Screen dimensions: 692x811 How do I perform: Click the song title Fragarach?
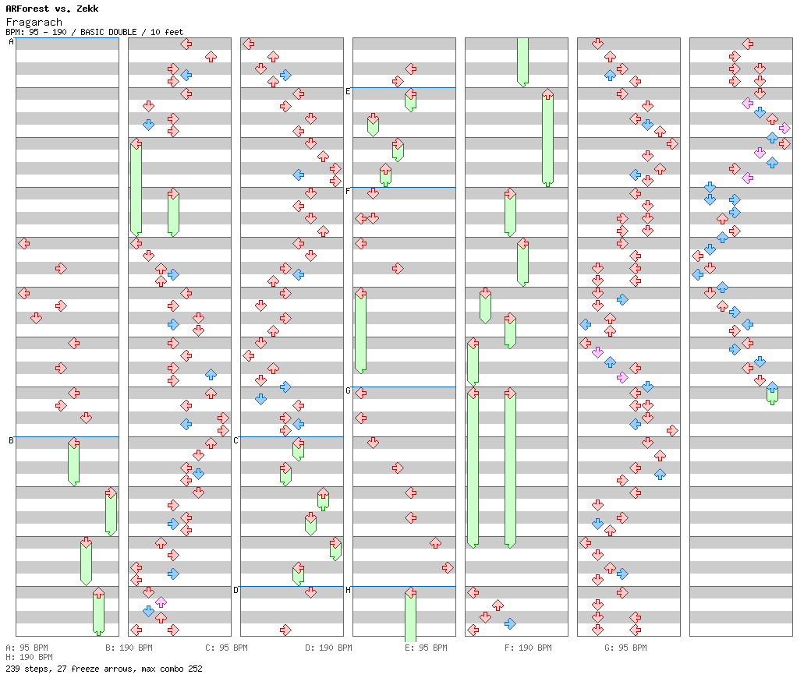coord(34,22)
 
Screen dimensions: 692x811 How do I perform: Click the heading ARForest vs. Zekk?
coord(51,9)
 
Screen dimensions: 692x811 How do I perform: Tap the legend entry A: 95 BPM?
coord(27,648)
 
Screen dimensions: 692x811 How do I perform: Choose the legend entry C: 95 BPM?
coord(226,648)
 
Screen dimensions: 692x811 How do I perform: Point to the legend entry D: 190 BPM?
coord(328,648)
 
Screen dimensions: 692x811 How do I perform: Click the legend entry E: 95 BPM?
coord(426,648)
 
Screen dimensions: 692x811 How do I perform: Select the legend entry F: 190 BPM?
coord(528,648)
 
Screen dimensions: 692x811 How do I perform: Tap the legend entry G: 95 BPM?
coord(625,648)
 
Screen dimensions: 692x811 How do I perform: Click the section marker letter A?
coord(11,42)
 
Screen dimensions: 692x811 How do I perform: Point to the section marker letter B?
coord(11,441)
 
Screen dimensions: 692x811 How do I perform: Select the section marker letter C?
coord(236,441)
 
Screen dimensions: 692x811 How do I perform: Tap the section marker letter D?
coord(236,590)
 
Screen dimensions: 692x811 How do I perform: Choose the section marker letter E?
coord(348,92)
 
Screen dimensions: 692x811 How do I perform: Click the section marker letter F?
coord(348,192)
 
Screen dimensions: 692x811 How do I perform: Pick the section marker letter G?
coord(348,391)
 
